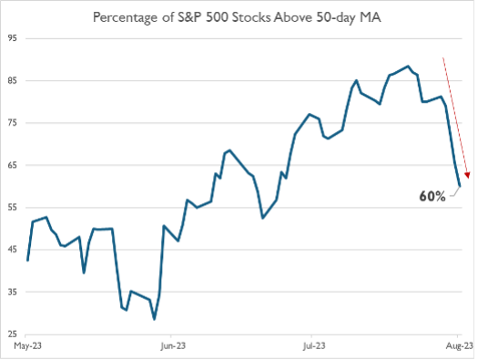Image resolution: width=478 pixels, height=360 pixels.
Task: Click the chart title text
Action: (x=239, y=17)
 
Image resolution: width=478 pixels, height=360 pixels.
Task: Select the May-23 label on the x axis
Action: (x=27, y=346)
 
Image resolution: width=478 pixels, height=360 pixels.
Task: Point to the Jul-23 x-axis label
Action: (x=314, y=346)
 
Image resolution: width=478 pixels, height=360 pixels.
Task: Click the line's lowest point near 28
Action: (x=154, y=319)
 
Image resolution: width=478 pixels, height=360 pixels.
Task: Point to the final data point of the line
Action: (x=460, y=186)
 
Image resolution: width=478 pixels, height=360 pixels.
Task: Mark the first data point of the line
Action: (x=28, y=261)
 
